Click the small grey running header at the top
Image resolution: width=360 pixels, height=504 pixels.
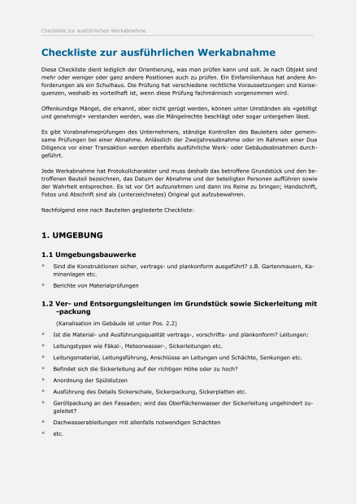(x=93, y=31)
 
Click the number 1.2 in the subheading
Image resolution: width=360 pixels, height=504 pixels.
(x=49, y=303)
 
